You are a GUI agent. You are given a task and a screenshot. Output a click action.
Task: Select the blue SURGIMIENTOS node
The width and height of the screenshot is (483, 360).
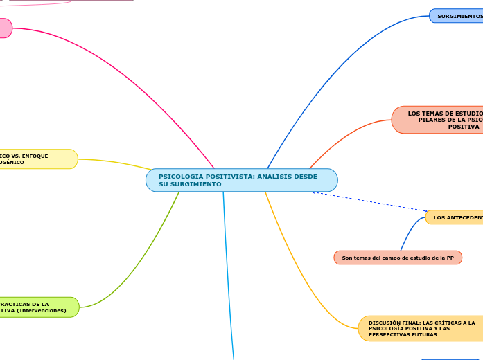457,16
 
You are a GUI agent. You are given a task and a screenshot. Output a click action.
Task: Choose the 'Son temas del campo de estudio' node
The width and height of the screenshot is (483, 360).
398,258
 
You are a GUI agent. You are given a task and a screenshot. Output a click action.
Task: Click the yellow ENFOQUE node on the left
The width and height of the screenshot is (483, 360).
38,159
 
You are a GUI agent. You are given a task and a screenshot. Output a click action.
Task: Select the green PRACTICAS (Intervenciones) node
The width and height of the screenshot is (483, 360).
38,307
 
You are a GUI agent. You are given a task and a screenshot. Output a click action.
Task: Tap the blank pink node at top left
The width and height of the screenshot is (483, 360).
4,28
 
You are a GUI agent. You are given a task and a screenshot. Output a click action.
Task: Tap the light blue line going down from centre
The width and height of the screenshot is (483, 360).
227,277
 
